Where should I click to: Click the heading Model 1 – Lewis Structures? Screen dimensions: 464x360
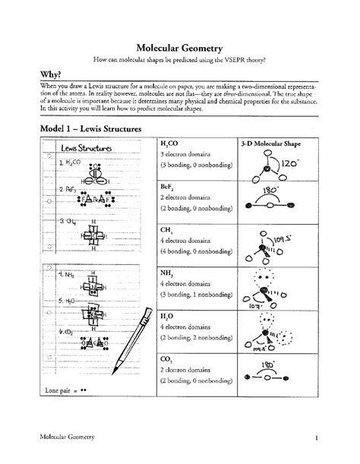tap(92, 130)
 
